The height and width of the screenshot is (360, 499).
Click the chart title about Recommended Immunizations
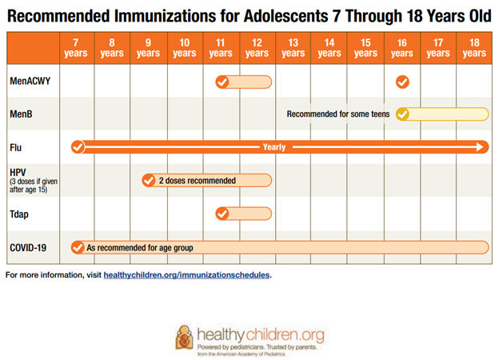pyautogui.click(x=249, y=14)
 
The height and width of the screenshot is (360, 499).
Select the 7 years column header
pyautogui.click(x=75, y=48)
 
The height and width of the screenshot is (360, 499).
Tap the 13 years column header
pyautogui.click(x=293, y=48)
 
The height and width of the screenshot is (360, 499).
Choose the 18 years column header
pyautogui.click(x=474, y=48)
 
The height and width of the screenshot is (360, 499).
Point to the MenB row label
pyautogui.click(x=20, y=114)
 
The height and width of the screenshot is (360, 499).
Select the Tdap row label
pyautogui.click(x=20, y=214)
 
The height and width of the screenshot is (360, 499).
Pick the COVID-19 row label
pyautogui.click(x=28, y=247)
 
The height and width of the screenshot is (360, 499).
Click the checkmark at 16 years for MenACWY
pyautogui.click(x=402, y=82)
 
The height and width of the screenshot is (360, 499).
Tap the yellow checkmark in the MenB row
pyautogui.click(x=402, y=114)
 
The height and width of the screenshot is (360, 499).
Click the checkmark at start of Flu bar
pyautogui.click(x=77, y=147)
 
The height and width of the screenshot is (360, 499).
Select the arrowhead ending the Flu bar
pyautogui.click(x=480, y=147)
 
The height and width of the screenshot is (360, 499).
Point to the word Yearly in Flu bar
pyautogui.click(x=274, y=147)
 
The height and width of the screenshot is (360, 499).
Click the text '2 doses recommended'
pyautogui.click(x=197, y=181)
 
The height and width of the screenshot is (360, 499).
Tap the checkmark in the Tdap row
pyautogui.click(x=222, y=214)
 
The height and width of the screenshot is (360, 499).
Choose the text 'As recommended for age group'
pyautogui.click(x=140, y=248)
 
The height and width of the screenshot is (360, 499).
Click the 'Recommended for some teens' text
pyautogui.click(x=338, y=114)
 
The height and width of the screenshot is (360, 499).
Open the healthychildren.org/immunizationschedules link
pyautogui.click(x=187, y=275)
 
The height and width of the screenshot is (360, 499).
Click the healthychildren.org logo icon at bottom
pyautogui.click(x=184, y=336)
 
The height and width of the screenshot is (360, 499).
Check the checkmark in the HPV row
pyautogui.click(x=149, y=181)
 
